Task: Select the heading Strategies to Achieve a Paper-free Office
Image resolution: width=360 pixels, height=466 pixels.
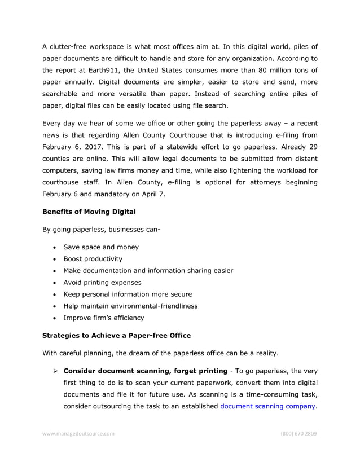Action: pyautogui.click(x=117, y=335)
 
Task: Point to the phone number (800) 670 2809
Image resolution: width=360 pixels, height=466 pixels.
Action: pyautogui.click(x=298, y=434)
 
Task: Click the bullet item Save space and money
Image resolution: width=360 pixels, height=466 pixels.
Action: pyautogui.click(x=101, y=247)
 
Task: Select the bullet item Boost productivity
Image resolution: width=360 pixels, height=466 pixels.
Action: pyautogui.click(x=93, y=259)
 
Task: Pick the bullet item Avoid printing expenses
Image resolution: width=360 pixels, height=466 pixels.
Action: pyautogui.click(x=102, y=282)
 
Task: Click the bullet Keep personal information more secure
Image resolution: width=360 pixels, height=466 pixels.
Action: pyautogui.click(x=128, y=294)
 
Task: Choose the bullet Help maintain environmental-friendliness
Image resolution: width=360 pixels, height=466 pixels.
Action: pyautogui.click(x=130, y=306)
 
